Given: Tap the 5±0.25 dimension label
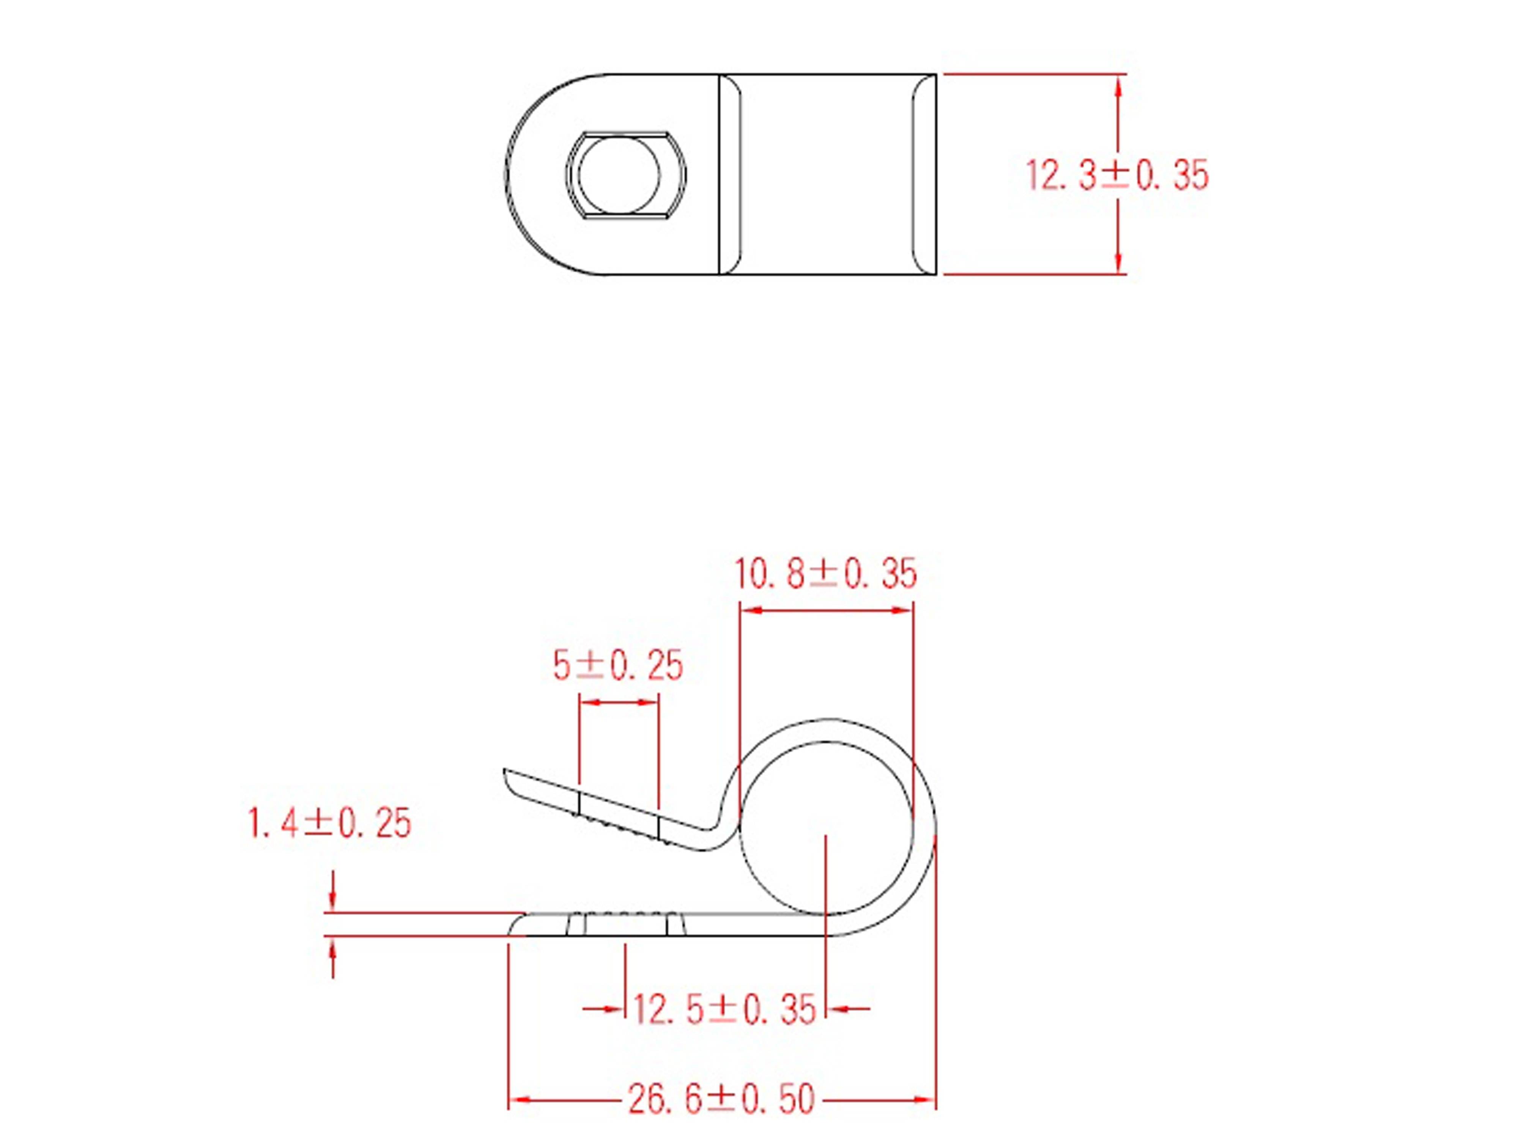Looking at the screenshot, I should pos(617,665).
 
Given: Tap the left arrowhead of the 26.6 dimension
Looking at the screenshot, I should pos(520,1100).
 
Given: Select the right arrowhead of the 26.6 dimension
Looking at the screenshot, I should pos(925,1100).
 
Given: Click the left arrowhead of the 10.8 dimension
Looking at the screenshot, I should pos(751,610).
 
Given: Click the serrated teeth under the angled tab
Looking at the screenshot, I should pos(621,828).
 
